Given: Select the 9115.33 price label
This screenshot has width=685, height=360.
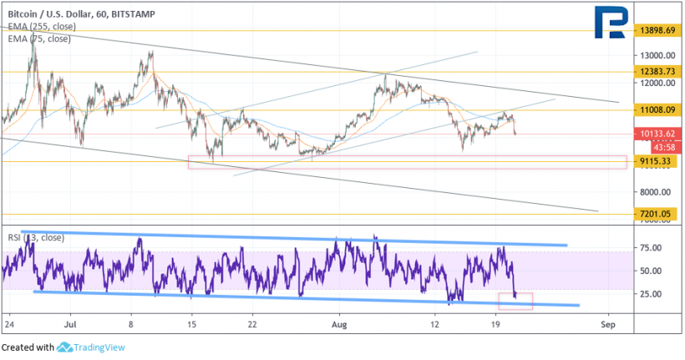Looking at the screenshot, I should (653, 162).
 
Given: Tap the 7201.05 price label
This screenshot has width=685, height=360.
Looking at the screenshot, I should (653, 215).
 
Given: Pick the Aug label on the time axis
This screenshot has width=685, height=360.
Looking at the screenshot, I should (338, 322).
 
